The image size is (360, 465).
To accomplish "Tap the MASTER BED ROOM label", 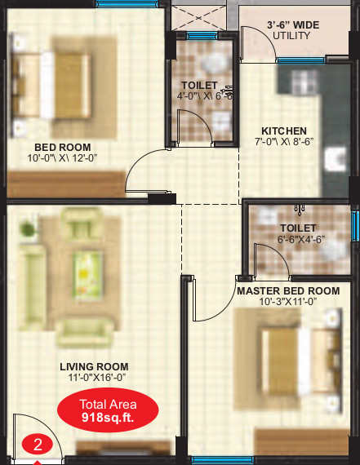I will tap(287, 290).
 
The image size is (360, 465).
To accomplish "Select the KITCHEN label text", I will tap(283, 131).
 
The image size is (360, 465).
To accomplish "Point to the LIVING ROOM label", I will tap(94, 367).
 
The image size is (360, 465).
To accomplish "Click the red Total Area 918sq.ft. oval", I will tap(107, 410).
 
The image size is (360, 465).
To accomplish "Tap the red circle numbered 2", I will tap(37, 445).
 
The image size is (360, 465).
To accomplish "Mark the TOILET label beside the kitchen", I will tap(199, 85).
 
